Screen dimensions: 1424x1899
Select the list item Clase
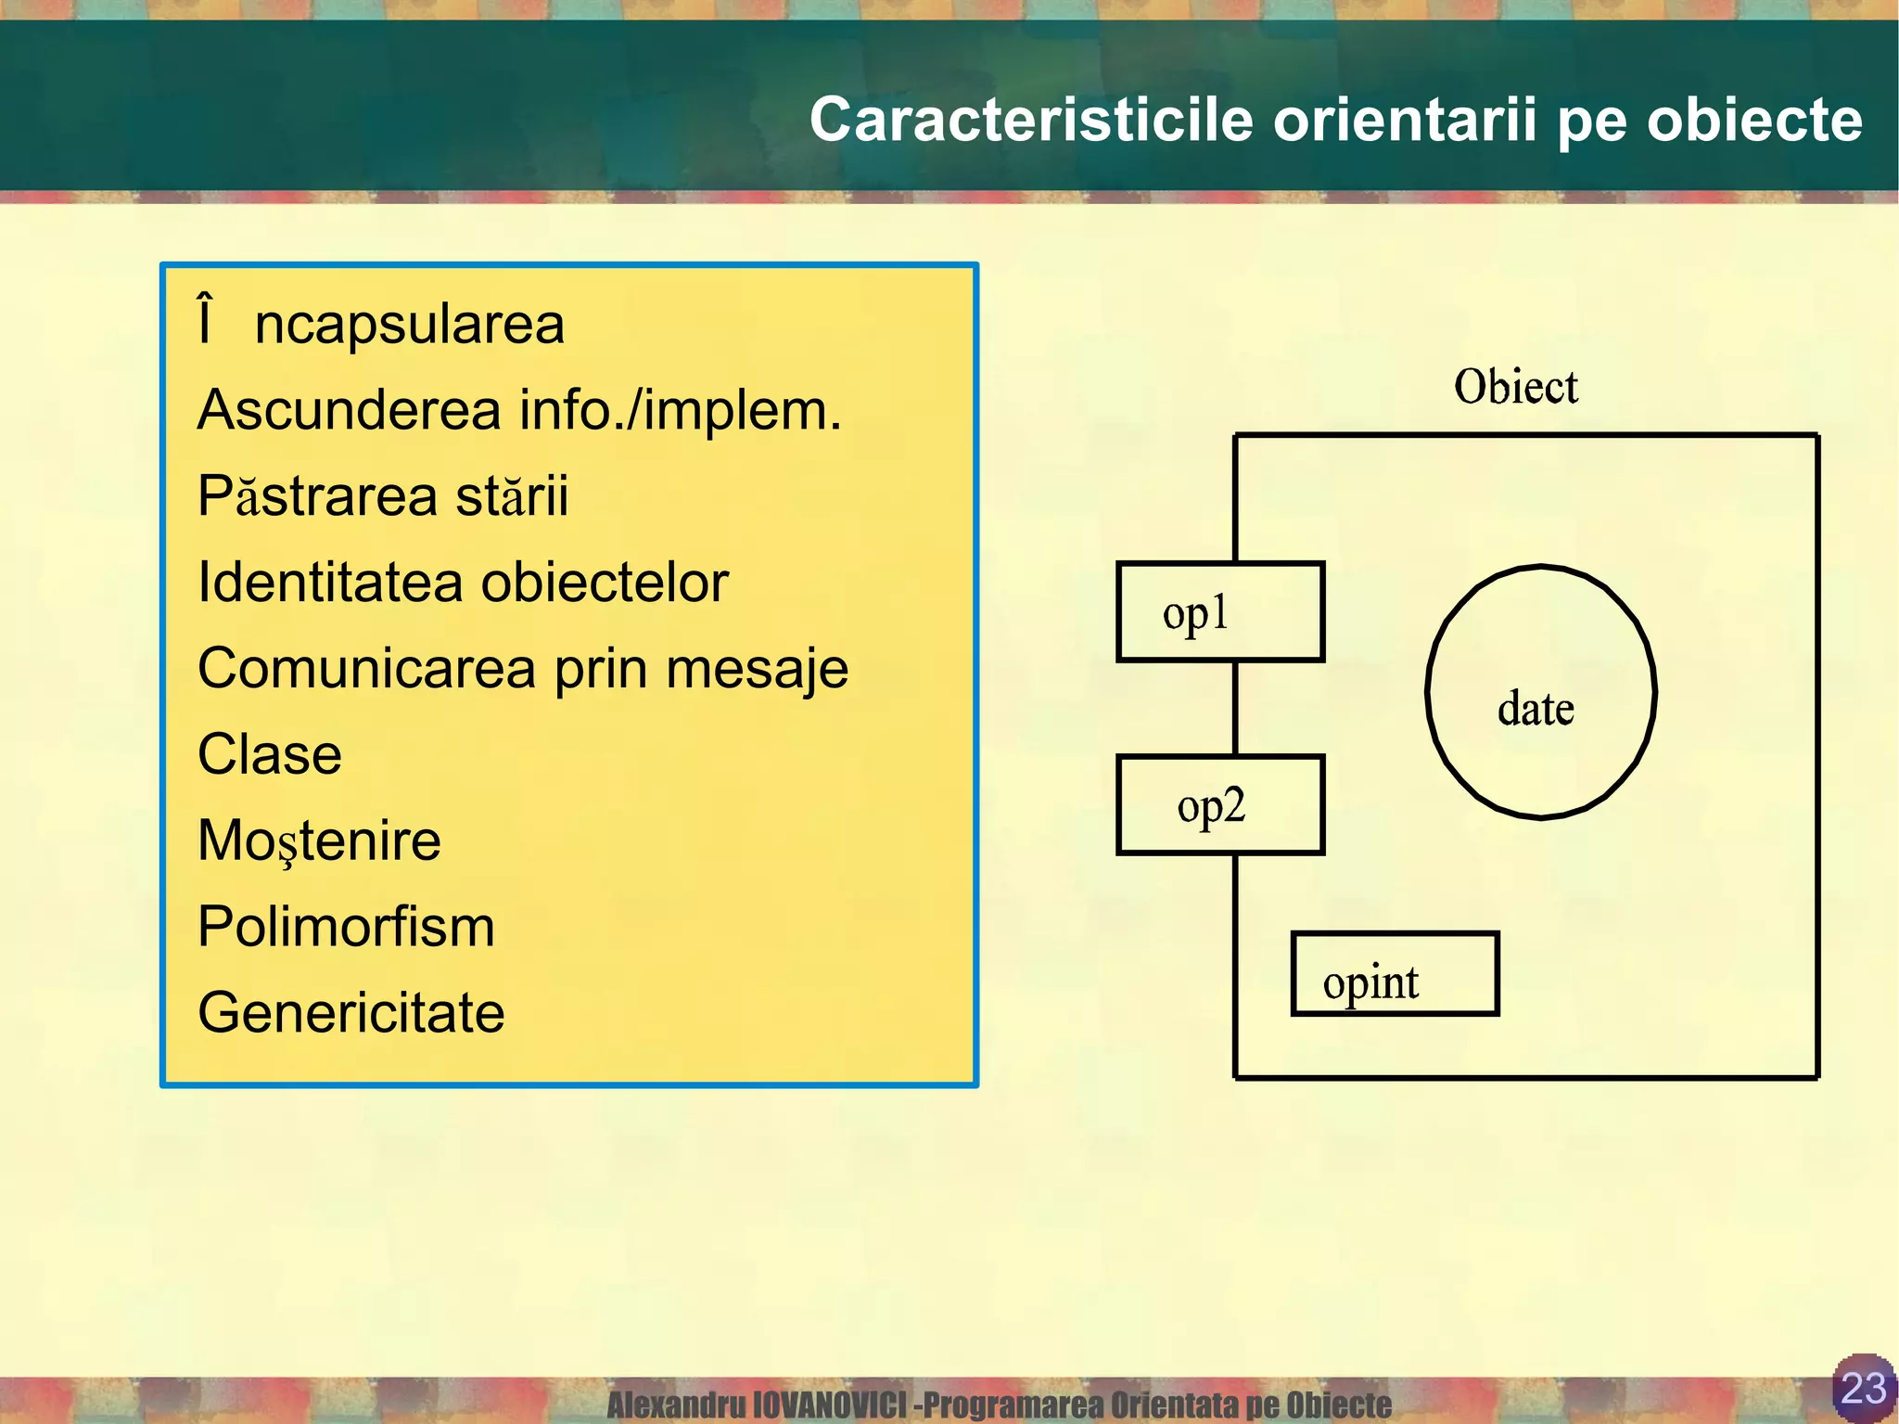[x=270, y=754]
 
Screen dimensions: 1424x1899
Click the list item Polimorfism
[x=346, y=927]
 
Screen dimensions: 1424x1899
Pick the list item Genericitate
[x=350, y=1012]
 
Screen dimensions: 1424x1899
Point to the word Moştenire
[x=319, y=841]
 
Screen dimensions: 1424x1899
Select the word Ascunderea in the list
[x=349, y=410]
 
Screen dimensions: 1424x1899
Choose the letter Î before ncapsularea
[x=206, y=321]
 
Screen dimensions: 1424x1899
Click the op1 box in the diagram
[x=1219, y=612]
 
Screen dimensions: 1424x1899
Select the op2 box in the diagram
[x=1219, y=805]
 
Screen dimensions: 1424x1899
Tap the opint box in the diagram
[x=1394, y=974]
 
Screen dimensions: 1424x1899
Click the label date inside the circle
[x=1536, y=709]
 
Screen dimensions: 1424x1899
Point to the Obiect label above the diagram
[x=1515, y=387]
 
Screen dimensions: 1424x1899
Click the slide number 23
[x=1863, y=1388]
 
